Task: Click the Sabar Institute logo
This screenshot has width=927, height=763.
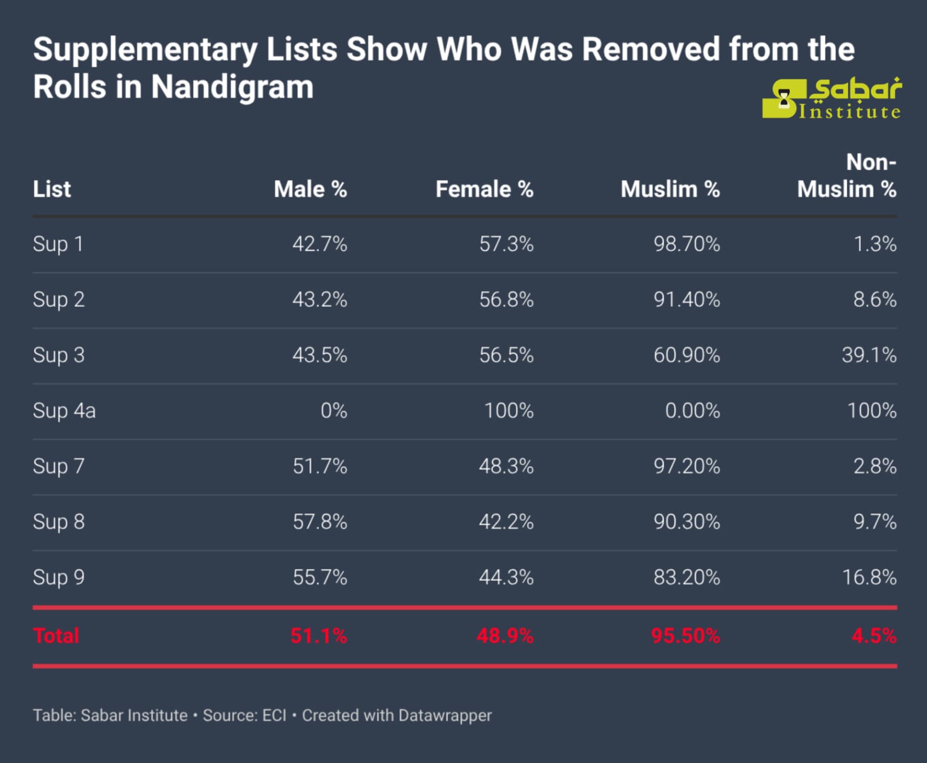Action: [x=831, y=99]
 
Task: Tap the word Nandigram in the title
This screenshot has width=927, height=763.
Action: [x=232, y=88]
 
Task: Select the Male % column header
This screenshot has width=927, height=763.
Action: [x=310, y=189]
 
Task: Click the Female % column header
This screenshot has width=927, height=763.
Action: [x=484, y=189]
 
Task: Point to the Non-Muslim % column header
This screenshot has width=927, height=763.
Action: [x=846, y=176]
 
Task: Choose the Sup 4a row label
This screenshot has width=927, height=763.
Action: [x=64, y=410]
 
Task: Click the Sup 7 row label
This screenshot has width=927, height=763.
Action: [x=59, y=466]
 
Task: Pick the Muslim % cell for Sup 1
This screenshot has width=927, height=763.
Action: [x=687, y=244]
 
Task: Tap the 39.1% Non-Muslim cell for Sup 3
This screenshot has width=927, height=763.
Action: [x=868, y=355]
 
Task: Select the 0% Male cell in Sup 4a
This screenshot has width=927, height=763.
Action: [x=334, y=410]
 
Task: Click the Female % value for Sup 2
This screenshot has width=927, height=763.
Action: [x=506, y=300]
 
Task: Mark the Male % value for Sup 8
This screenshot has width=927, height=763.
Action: [x=320, y=522]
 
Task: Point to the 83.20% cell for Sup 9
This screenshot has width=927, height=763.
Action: [x=687, y=577]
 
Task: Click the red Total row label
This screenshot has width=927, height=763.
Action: [x=56, y=635]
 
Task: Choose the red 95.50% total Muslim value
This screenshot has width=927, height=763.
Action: [x=685, y=635]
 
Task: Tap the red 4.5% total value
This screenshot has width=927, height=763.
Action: [x=874, y=635]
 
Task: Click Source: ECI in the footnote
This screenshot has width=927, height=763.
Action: [x=244, y=715]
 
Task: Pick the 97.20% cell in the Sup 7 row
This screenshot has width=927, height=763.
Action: [x=687, y=466]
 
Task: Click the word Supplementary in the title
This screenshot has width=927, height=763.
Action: [x=145, y=50]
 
